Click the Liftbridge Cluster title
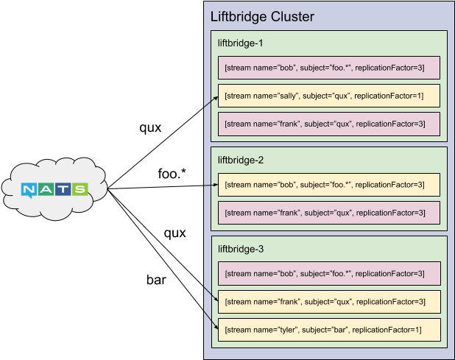(x=261, y=17)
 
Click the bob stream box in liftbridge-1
(x=328, y=68)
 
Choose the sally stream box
(x=328, y=96)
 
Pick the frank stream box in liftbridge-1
(x=328, y=124)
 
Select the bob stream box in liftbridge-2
(x=328, y=185)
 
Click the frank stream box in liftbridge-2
(x=328, y=213)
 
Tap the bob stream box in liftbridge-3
(x=328, y=273)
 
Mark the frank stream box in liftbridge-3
(x=328, y=301)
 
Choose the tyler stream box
(x=328, y=329)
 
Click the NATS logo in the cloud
(x=54, y=190)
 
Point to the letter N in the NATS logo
(x=29, y=190)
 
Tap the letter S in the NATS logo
(x=80, y=190)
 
